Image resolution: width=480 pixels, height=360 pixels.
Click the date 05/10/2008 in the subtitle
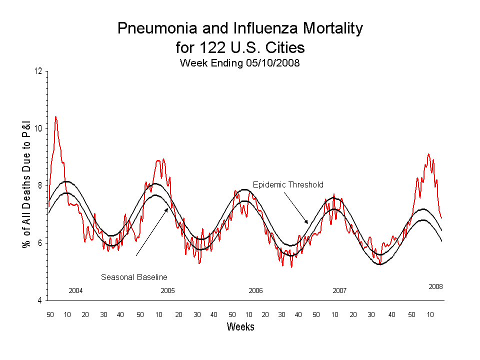(272, 63)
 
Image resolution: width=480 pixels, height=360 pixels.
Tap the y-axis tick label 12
(38, 71)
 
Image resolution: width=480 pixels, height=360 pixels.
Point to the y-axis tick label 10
(38, 128)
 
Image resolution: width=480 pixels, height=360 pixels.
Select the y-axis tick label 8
(40, 186)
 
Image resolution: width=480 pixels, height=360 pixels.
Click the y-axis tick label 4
(40, 301)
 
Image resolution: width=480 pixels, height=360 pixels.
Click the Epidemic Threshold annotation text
(288, 184)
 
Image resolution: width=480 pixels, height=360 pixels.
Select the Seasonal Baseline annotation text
(134, 277)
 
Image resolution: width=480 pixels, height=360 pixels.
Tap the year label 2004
(75, 290)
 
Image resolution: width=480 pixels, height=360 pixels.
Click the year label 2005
(167, 290)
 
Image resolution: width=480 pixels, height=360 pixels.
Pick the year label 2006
(255, 290)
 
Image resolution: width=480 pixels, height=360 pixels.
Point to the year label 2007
(339, 290)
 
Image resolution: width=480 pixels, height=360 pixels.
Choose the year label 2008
(435, 286)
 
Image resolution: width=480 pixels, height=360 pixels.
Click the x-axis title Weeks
(240, 327)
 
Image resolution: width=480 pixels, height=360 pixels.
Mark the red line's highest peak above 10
(55, 117)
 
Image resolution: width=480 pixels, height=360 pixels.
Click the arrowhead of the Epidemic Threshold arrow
(307, 222)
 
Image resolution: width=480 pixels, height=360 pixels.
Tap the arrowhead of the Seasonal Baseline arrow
(168, 208)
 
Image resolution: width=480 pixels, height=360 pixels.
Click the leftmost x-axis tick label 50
(50, 314)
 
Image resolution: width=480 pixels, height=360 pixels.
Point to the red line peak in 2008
(428, 154)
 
